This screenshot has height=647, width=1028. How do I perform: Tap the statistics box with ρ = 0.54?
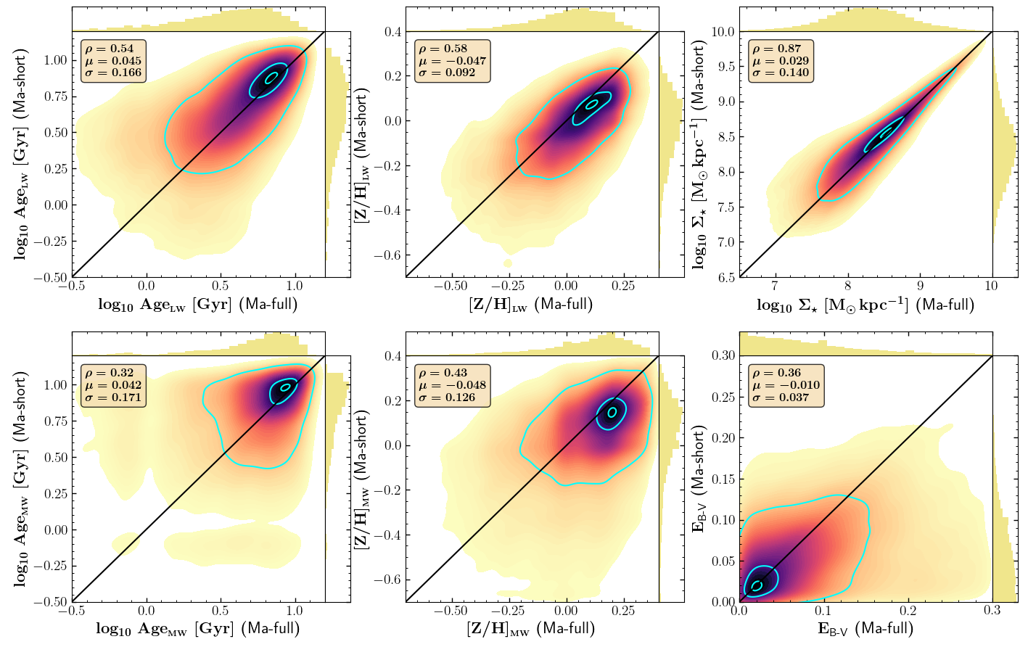coord(113,61)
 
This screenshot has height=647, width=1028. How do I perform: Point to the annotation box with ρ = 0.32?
coord(113,385)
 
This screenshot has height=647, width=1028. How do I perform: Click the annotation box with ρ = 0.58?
coord(452,61)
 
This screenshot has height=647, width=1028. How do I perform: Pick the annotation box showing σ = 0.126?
coord(452,385)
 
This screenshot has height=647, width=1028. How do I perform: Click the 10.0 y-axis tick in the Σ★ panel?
coord(723,32)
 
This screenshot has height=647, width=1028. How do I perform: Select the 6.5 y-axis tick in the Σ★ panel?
coord(725,277)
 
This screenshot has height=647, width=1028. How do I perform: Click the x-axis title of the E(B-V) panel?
coord(865,628)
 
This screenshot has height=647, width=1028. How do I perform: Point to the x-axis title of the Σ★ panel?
coord(865,305)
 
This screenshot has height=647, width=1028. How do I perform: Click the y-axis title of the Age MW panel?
coord(21,479)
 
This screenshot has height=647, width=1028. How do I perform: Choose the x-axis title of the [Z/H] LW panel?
coord(531,305)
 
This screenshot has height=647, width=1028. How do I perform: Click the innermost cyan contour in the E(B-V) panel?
coord(757,585)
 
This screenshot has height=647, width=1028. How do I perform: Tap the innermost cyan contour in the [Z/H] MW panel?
coord(612,412)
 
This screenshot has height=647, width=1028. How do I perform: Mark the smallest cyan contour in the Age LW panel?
coord(271,78)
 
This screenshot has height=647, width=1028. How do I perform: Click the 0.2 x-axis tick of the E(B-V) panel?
coord(908,611)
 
